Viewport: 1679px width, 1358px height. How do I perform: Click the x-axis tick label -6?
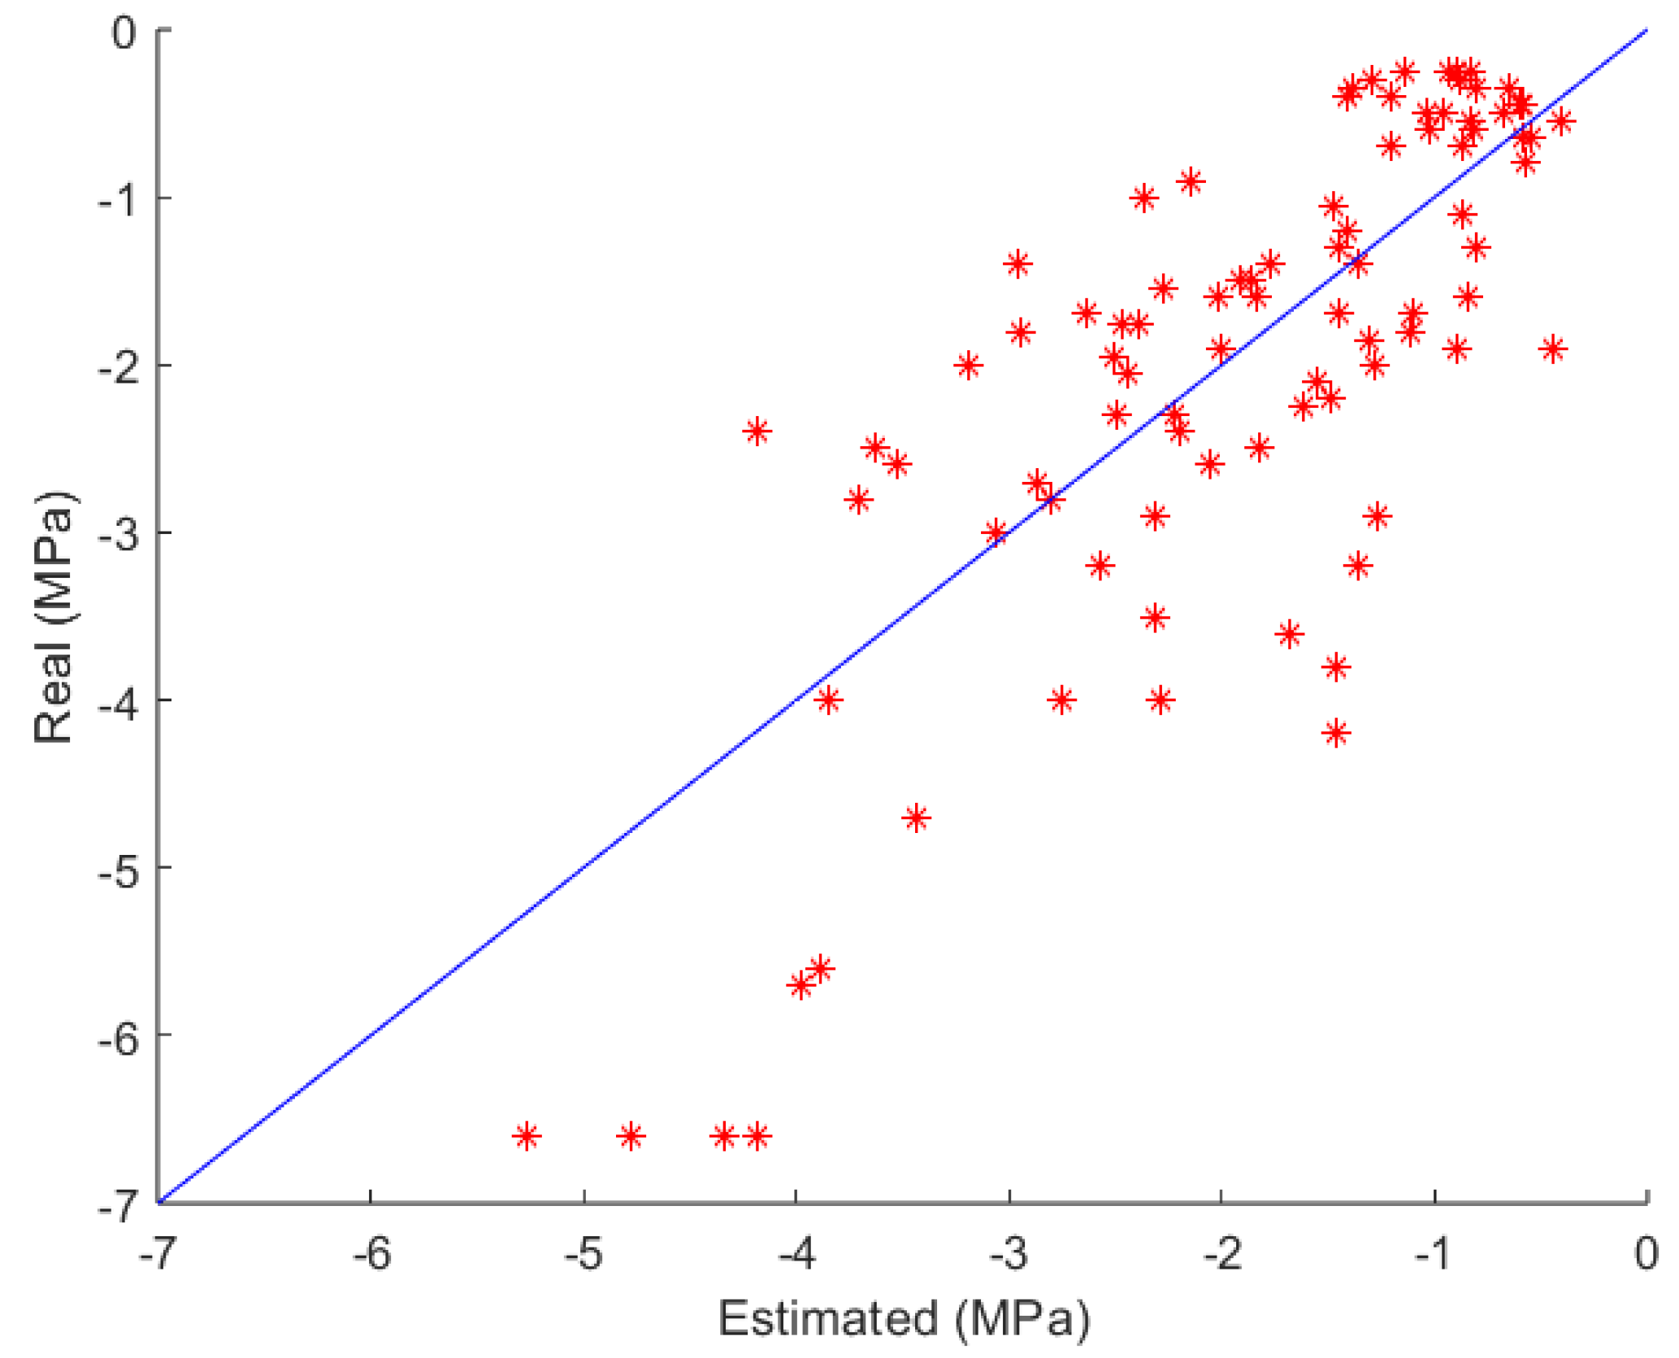click(371, 1254)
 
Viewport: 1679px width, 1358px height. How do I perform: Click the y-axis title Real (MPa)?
click(54, 617)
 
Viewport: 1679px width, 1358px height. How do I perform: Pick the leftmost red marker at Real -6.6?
click(527, 1135)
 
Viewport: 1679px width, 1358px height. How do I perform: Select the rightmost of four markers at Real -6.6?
click(757, 1135)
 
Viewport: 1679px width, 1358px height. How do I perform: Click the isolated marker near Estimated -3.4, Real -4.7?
click(917, 818)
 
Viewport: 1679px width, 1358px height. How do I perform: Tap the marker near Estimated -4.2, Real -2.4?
click(757, 431)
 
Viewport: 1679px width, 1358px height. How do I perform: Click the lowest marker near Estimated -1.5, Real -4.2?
click(1336, 733)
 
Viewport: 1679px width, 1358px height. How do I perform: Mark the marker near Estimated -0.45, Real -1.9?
click(1553, 349)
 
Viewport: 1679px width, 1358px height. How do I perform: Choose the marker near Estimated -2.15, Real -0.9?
click(1191, 181)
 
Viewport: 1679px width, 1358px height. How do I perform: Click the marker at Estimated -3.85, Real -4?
click(828, 699)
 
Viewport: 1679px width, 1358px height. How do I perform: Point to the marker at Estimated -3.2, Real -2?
click(968, 365)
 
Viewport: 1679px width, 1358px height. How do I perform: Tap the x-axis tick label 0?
click(1646, 1254)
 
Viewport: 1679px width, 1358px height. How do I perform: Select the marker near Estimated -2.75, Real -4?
click(1061, 699)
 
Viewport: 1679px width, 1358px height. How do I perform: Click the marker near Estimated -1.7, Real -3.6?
click(1289, 634)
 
